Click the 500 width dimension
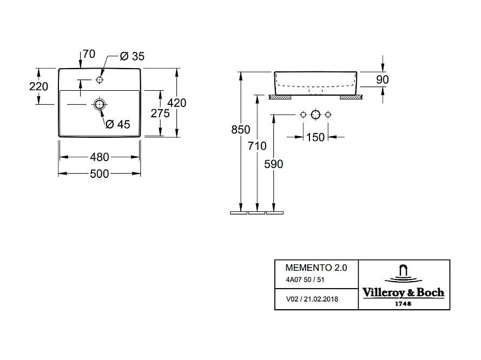100,174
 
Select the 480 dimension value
100,157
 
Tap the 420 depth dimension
177,103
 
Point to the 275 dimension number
160,114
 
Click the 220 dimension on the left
38,86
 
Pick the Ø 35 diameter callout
131,56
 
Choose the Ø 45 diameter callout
118,124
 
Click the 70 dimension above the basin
89,54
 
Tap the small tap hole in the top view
99,79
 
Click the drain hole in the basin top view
100,104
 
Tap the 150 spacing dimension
315,137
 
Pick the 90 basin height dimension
382,79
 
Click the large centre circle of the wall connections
315,115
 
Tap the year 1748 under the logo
403,304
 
